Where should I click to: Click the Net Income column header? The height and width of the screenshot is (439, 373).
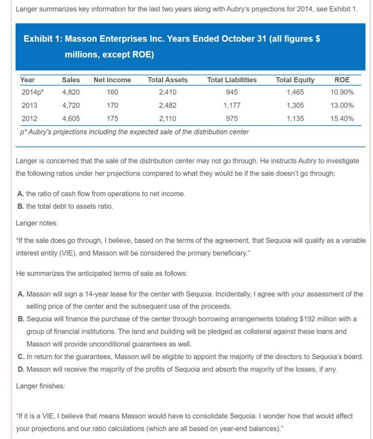click(112, 80)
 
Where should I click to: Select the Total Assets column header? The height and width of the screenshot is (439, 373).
click(168, 80)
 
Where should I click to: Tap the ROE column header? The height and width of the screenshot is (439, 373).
click(342, 80)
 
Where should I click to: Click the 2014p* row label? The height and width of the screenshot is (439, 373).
click(30, 92)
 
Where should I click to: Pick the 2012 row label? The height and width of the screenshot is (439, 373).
click(29, 119)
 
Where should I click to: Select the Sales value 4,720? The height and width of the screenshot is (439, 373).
click(71, 105)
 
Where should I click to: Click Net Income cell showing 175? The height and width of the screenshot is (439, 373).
click(113, 119)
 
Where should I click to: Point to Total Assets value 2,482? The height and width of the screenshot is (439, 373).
click(167, 105)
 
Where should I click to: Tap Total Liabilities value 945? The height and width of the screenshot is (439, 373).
click(232, 92)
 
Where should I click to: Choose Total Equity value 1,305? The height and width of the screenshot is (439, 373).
click(295, 105)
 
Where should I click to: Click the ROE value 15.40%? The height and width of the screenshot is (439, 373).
click(342, 119)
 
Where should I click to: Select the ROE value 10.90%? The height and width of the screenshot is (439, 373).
click(342, 92)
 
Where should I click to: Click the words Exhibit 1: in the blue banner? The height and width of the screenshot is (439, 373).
click(43, 39)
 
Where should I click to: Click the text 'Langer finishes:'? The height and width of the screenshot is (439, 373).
click(40, 386)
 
